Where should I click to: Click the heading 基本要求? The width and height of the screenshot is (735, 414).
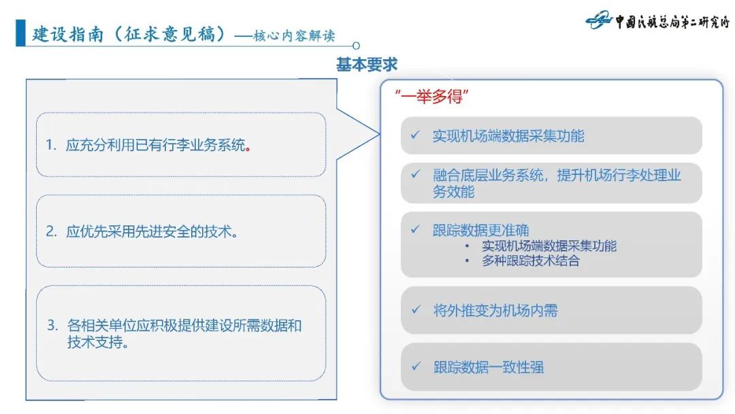367,65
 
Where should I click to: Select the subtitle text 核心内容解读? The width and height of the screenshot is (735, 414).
293,35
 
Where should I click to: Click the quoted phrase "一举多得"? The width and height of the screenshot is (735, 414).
429,97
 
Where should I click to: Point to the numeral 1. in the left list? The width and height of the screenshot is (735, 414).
51,145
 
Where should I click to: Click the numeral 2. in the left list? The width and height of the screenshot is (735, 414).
51,232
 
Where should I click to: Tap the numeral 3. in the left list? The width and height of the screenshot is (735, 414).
52,325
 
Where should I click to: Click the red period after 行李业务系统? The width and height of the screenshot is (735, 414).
248,146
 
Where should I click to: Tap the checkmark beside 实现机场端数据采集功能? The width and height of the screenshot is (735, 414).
415,135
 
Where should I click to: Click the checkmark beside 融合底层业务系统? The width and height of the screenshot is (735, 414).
415,174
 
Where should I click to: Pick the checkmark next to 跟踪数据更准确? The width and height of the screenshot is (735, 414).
415,229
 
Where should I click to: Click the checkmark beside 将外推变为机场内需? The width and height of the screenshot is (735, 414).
415,310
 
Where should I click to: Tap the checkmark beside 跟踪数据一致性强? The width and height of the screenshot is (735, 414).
415,366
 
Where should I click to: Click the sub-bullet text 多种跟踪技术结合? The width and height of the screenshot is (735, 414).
531,261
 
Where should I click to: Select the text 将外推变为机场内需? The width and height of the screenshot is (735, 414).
495,310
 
